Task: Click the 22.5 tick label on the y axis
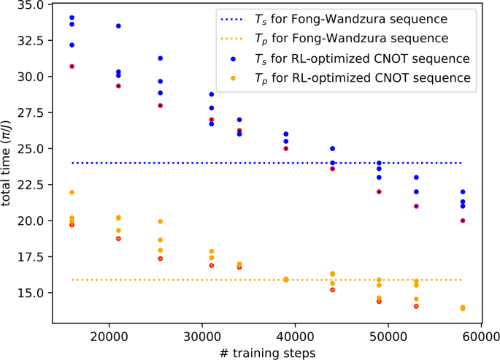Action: pos(31,184)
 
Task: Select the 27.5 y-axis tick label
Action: pos(31,112)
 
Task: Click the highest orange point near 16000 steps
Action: pos(72,192)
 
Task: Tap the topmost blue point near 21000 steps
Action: pos(118,26)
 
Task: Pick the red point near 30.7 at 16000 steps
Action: pos(72,66)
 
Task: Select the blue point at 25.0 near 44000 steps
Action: pos(333,148)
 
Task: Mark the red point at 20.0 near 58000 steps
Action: pos(463,221)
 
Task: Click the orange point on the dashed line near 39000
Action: pos(286,279)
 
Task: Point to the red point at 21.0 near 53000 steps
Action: pos(416,206)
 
